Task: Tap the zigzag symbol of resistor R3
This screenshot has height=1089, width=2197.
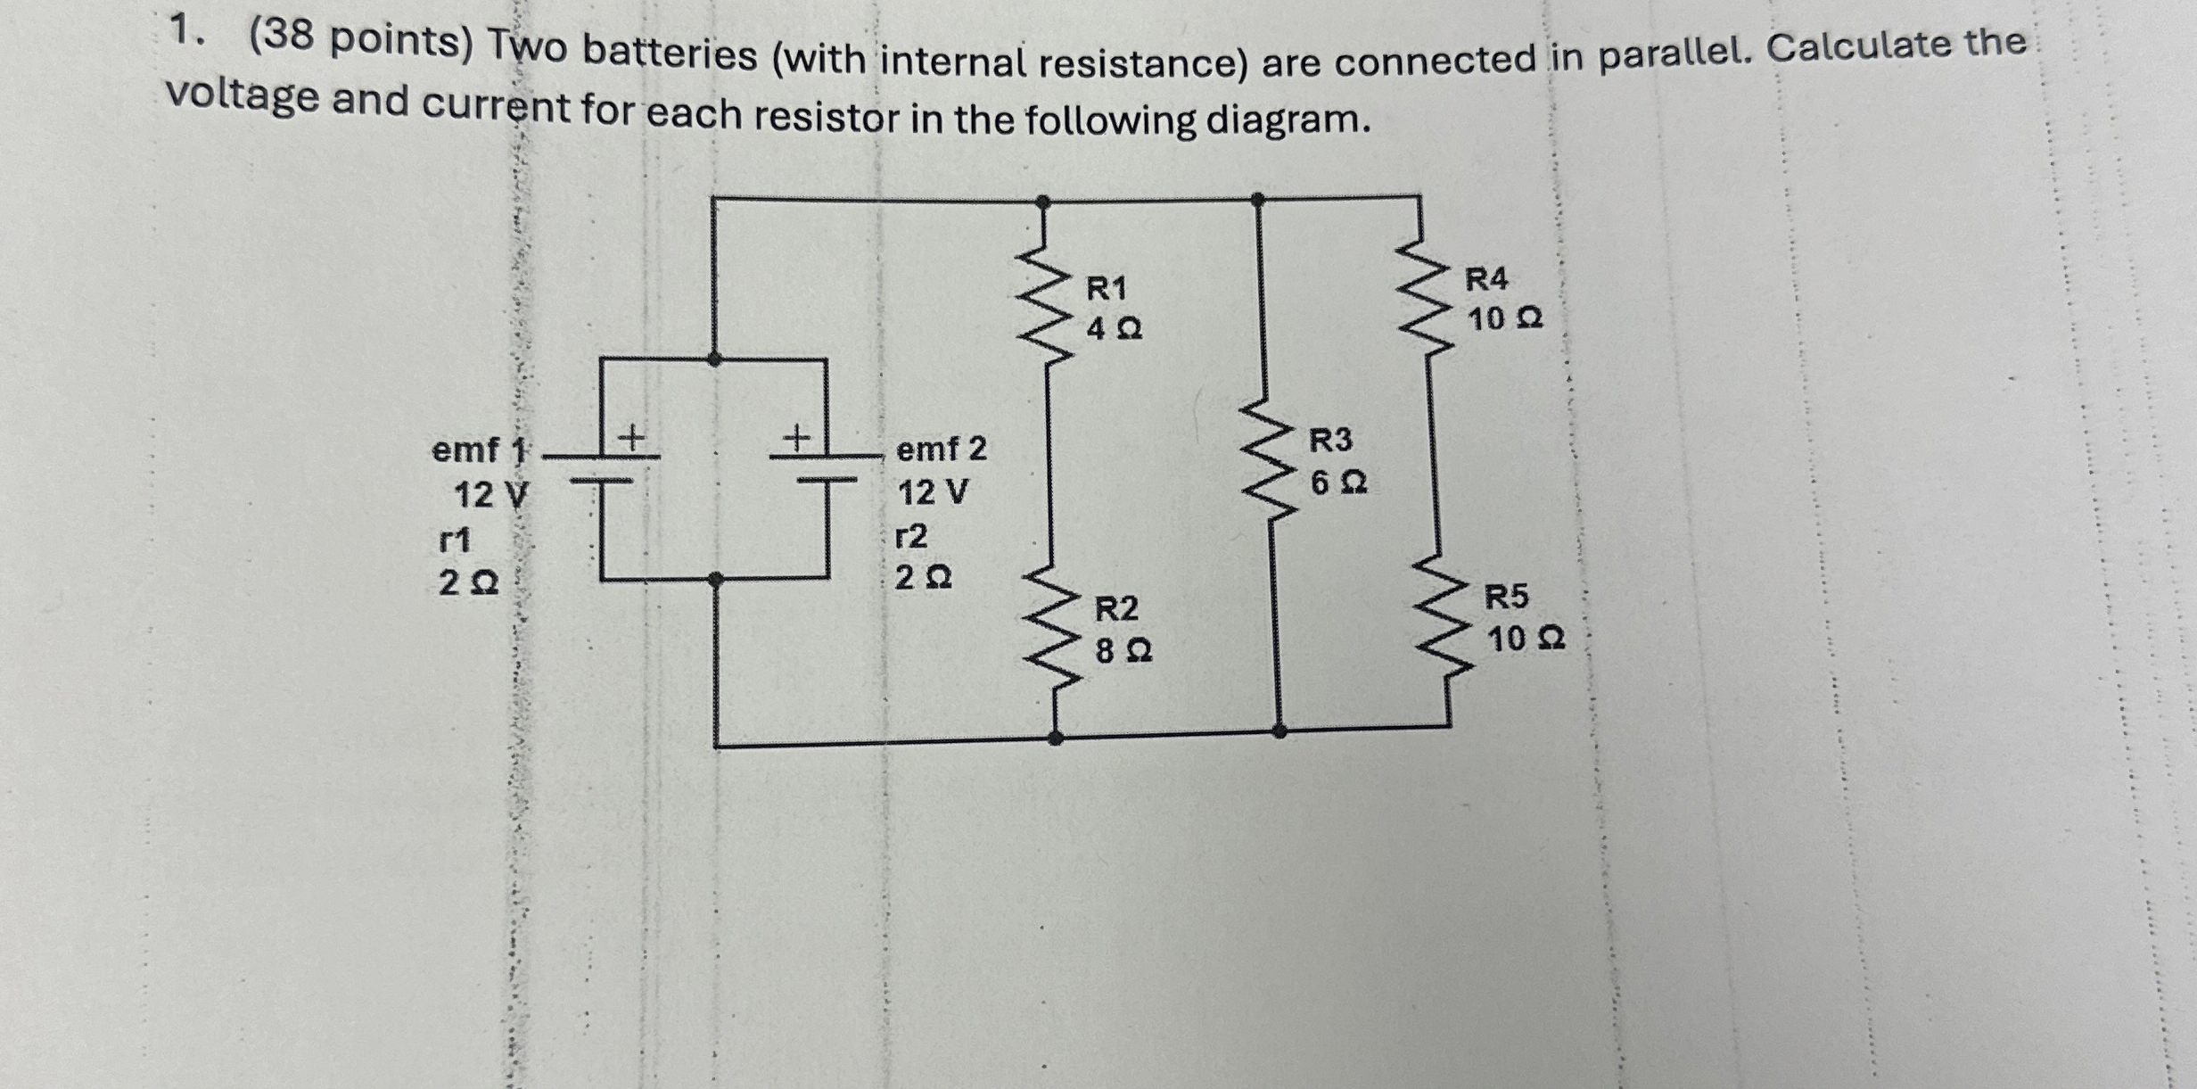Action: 1266,459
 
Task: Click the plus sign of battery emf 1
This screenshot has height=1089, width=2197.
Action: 631,437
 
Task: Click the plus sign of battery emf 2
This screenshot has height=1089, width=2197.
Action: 795,437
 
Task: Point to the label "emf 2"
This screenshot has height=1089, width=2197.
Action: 942,449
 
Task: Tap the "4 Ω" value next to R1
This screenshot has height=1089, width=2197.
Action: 1114,330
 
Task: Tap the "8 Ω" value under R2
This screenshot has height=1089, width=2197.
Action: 1123,651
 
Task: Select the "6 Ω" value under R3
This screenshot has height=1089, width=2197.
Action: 1338,483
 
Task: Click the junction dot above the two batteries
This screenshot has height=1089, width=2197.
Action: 714,359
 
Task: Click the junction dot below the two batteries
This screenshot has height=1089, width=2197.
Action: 715,580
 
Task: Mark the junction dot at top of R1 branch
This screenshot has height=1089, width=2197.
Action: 1042,202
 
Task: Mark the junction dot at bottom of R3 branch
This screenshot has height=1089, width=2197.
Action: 1280,731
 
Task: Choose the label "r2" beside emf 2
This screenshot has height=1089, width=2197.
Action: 911,536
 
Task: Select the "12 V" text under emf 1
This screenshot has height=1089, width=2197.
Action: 490,494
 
